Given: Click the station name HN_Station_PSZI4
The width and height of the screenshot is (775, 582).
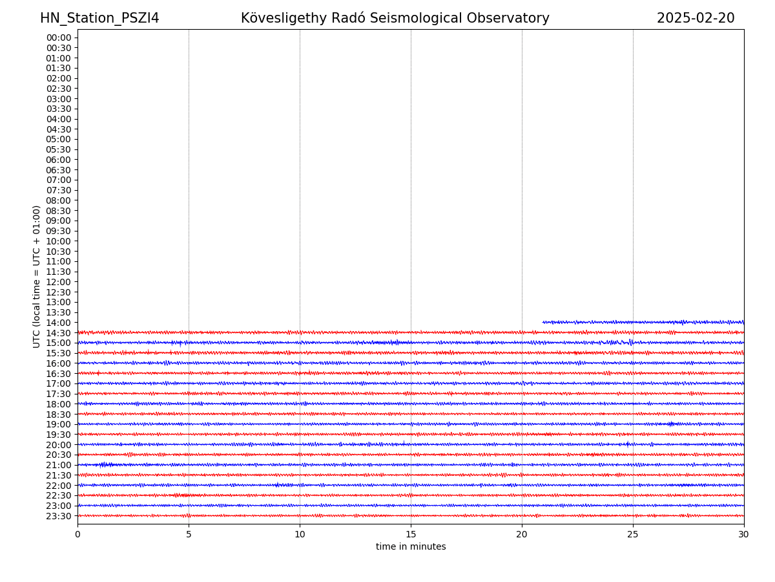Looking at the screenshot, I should pyautogui.click(x=99, y=19).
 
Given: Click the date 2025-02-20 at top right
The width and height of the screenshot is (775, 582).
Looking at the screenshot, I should pyautogui.click(x=696, y=19).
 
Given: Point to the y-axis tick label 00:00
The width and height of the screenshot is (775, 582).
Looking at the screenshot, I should pyautogui.click(x=59, y=38).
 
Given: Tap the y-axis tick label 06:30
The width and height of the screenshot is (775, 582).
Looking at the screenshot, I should pyautogui.click(x=59, y=170).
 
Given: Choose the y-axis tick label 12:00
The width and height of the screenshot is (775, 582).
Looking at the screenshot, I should pyautogui.click(x=59, y=282).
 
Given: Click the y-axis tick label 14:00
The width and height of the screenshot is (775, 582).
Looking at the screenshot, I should pyautogui.click(x=59, y=323).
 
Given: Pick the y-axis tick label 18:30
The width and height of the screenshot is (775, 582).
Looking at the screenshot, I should pyautogui.click(x=59, y=415).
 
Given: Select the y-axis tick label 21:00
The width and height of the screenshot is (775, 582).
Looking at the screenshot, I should pyautogui.click(x=59, y=465).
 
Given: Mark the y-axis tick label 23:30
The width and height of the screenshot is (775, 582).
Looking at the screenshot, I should pyautogui.click(x=59, y=516).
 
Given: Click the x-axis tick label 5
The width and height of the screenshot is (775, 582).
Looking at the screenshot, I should pyautogui.click(x=189, y=534).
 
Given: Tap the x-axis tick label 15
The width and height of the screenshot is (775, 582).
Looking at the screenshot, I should pyautogui.click(x=411, y=534).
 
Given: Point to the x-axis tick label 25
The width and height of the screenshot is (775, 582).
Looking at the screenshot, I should pyautogui.click(x=633, y=534).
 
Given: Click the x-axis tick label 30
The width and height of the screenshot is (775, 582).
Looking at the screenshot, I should pyautogui.click(x=744, y=534).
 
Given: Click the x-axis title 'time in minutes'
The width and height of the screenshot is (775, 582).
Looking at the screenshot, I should pyautogui.click(x=411, y=547).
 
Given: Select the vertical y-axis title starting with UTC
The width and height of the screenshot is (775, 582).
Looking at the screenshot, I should pyautogui.click(x=37, y=276).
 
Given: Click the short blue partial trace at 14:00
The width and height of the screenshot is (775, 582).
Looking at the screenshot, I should pyautogui.click(x=643, y=322).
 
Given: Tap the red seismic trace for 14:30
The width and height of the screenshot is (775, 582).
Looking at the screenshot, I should pyautogui.click(x=411, y=332).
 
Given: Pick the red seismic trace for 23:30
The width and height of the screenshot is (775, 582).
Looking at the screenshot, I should pyautogui.click(x=411, y=515).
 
